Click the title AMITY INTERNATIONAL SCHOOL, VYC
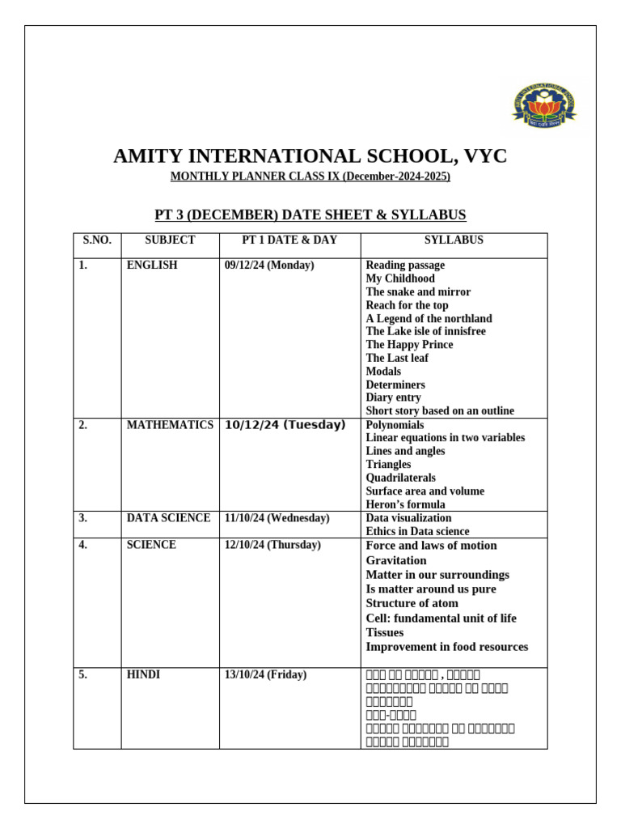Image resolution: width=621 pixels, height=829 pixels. tap(310, 156)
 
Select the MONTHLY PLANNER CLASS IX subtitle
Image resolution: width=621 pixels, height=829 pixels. tap(310, 176)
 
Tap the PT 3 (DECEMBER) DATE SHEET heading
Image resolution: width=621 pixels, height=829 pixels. tap(310, 215)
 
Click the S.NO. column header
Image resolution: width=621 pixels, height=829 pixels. tap(97, 240)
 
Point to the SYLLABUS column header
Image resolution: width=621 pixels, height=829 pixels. tap(454, 240)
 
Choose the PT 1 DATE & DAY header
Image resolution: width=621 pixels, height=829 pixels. tap(289, 240)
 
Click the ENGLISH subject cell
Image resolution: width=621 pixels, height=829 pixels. tap(152, 266)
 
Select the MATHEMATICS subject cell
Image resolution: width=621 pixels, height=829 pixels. tap(170, 425)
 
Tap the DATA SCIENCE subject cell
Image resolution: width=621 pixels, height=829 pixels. tap(168, 518)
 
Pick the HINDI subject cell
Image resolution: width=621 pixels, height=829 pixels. tap(143, 675)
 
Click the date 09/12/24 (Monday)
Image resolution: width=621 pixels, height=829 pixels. tap(269, 266)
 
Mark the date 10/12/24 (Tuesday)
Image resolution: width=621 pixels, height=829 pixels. tap(285, 425)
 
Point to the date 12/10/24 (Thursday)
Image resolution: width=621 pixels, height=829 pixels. tap(272, 545)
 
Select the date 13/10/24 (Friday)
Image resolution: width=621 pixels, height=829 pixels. tap(265, 675)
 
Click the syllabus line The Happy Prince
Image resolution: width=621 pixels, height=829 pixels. tap(409, 345)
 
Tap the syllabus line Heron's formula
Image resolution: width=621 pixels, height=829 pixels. tap(405, 504)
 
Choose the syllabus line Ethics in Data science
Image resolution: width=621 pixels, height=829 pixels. tap(417, 532)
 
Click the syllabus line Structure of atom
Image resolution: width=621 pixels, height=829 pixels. tap(412, 604)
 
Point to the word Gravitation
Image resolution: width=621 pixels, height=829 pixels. tap(396, 560)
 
